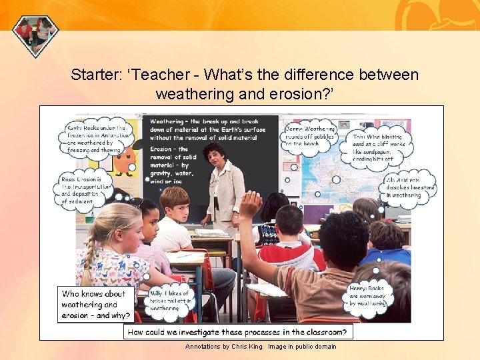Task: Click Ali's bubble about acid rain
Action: coord(410,187)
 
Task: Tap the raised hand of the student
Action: coord(250,203)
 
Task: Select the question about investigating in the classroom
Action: coord(239,331)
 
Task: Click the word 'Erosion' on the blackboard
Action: coord(162,149)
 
